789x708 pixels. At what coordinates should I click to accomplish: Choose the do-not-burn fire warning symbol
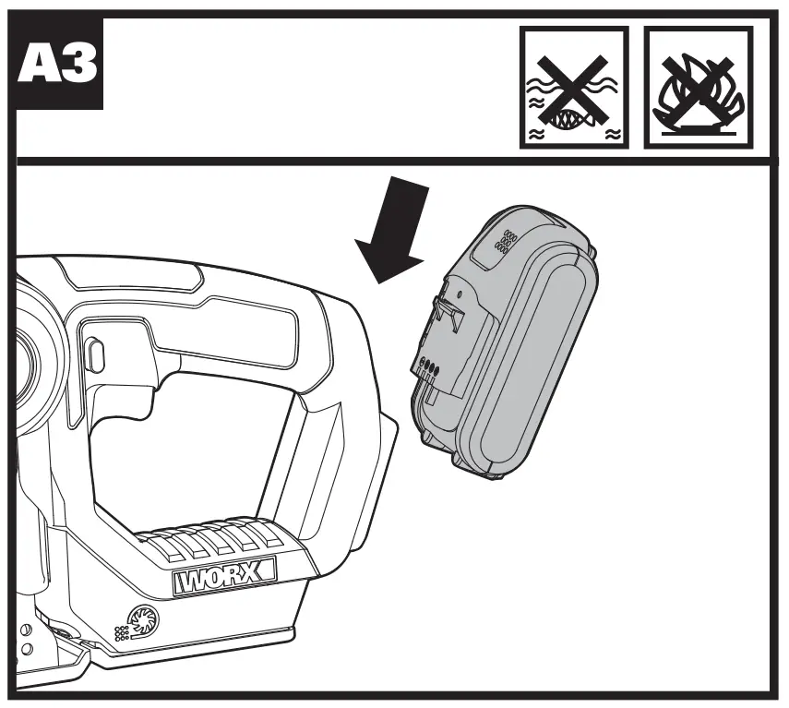click(x=699, y=87)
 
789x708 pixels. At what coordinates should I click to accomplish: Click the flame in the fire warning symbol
click(x=699, y=92)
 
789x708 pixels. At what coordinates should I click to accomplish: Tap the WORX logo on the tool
click(x=224, y=579)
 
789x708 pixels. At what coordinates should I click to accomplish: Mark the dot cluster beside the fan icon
click(x=120, y=633)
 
